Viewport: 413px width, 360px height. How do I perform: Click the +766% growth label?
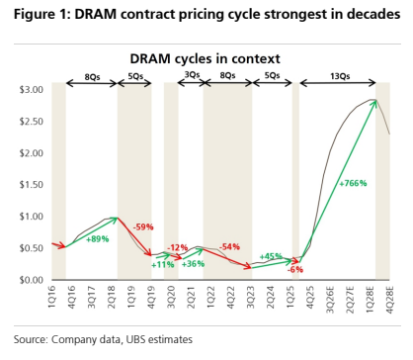coord(353,183)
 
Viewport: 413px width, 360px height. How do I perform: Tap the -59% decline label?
coord(143,226)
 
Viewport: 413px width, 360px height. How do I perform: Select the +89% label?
coord(97,239)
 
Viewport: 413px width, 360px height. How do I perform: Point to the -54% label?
coord(229,246)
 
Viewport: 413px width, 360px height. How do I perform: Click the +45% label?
coord(271,256)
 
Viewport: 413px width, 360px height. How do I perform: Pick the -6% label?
coord(295,269)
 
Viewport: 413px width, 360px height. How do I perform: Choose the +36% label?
coord(193,264)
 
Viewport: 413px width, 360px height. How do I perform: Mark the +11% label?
coord(163,264)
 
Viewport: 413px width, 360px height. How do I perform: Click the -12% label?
coord(178,247)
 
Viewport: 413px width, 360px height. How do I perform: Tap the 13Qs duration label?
coord(340,76)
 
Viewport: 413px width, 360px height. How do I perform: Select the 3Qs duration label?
coord(192,75)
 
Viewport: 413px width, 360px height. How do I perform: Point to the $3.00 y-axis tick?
coord(32,90)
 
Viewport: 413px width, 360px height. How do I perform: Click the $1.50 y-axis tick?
coord(32,185)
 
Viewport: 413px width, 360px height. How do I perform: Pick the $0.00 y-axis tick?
coord(32,280)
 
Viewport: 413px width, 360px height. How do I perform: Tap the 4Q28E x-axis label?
coord(389,300)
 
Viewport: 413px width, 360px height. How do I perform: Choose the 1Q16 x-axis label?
coord(52,297)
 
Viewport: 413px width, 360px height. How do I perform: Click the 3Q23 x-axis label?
coord(251,297)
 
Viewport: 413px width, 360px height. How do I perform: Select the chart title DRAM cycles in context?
coord(205,58)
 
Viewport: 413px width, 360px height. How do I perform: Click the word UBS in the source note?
coord(135,339)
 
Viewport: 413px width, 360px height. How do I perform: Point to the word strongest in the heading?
coord(301,15)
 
